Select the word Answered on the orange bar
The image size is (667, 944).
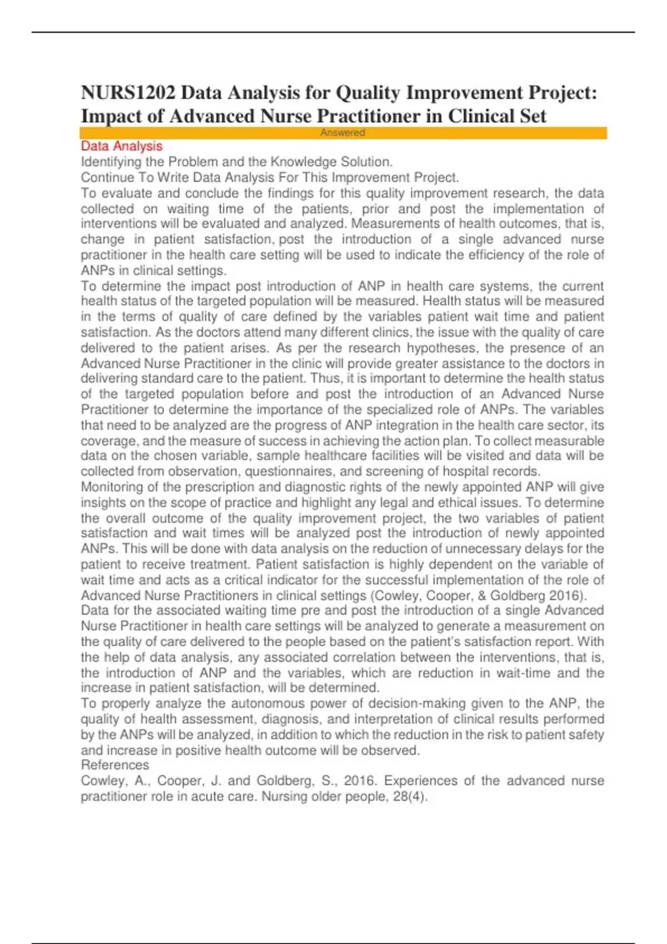[x=342, y=133]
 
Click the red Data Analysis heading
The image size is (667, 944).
[x=122, y=146]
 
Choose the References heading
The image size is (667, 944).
[x=115, y=765]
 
